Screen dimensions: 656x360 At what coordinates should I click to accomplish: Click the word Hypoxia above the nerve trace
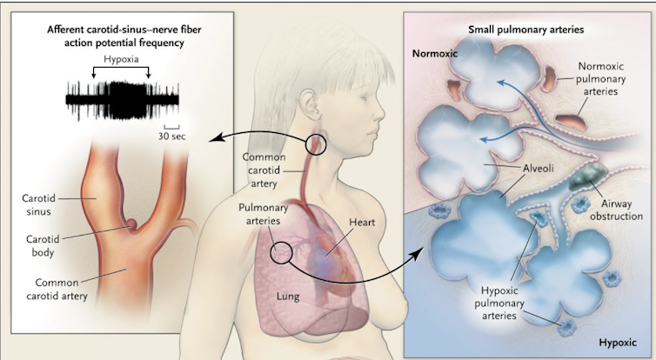pos(121,59)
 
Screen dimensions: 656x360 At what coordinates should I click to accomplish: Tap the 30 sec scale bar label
pos(172,137)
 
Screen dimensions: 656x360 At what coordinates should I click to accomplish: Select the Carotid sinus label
pos(39,205)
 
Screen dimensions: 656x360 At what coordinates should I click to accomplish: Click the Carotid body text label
pos(44,246)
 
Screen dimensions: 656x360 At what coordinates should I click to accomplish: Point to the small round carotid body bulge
pos(132,225)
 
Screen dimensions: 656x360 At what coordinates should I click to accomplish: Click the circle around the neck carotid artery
pos(306,144)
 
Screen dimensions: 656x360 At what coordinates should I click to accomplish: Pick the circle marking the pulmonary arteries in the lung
pos(271,253)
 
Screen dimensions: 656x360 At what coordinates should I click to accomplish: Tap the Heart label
pos(362,223)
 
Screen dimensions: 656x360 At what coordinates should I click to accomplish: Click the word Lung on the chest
pos(288,297)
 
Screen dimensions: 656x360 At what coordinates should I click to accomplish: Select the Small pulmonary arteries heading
pos(525,30)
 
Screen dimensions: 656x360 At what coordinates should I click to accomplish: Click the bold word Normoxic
pos(435,54)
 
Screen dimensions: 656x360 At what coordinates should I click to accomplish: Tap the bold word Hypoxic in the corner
pos(618,343)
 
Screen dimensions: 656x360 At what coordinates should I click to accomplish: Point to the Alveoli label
pos(539,168)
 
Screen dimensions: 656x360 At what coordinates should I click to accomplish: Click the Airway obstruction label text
pos(616,210)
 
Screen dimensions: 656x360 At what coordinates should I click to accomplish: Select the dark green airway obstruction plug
pos(588,175)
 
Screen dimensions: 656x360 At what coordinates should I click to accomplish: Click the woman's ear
pos(310,104)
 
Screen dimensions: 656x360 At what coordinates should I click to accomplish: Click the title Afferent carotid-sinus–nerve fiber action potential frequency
pos(124,37)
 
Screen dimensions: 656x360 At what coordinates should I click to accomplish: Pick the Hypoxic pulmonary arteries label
pos(499,303)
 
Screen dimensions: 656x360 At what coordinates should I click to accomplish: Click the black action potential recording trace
pos(123,100)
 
